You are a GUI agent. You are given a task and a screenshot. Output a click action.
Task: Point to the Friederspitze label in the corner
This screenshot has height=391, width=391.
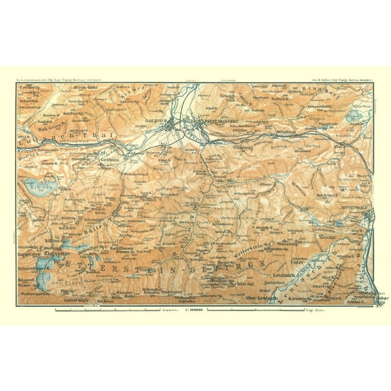pyautogui.click(x=29, y=88)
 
